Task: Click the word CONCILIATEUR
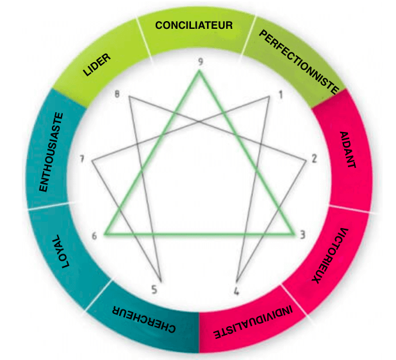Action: pyautogui.click(x=194, y=26)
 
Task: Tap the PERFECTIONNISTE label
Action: pyautogui.click(x=298, y=61)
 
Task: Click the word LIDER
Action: pyautogui.click(x=97, y=64)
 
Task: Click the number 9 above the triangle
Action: pyautogui.click(x=201, y=61)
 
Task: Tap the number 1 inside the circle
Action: pyautogui.click(x=280, y=96)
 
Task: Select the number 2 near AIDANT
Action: pyautogui.click(x=314, y=159)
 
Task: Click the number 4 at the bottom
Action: pyautogui.click(x=236, y=293)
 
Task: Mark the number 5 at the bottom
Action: pyautogui.click(x=154, y=290)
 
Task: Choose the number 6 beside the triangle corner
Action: pyautogui.click(x=94, y=235)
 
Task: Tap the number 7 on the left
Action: pyautogui.click(x=82, y=159)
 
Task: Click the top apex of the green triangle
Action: pyautogui.click(x=200, y=72)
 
